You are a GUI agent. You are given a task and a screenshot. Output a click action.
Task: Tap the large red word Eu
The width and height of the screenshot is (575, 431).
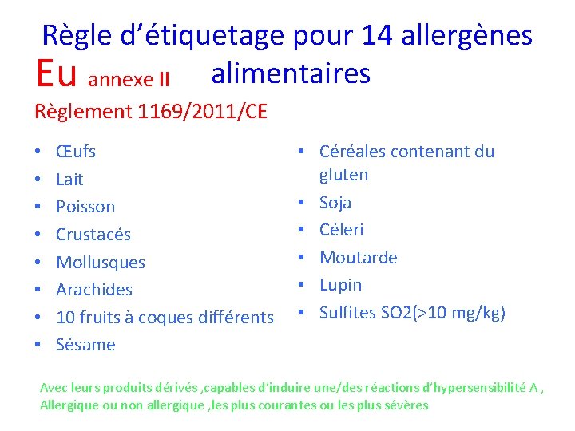coord(56,73)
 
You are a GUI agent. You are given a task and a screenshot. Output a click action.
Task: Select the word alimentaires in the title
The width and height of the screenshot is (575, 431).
coord(291,73)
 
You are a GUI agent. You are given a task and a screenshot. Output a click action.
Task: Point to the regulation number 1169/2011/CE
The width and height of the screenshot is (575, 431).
coord(202,111)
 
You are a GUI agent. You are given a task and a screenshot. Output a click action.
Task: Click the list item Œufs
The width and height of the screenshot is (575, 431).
coord(76,151)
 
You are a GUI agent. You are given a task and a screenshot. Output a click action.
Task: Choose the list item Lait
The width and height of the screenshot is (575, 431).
coord(69,179)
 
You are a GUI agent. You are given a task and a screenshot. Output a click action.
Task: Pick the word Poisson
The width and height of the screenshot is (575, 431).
coord(85,207)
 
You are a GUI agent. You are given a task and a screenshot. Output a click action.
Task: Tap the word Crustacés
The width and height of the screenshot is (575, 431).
coord(93,235)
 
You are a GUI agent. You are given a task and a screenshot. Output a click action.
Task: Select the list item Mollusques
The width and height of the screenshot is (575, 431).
coord(101,262)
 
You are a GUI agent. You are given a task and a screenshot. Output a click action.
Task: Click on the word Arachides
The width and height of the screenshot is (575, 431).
coord(94,290)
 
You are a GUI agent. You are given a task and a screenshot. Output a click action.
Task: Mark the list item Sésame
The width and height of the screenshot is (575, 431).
coord(85,345)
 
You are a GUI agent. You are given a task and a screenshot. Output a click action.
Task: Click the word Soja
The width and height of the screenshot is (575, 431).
coord(335,203)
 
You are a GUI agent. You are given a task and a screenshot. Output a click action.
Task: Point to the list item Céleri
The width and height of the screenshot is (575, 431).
coord(341,230)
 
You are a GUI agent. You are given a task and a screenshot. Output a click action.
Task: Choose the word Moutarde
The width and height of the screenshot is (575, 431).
coord(358,258)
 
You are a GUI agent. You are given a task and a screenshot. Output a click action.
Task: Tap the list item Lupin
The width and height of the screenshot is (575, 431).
coord(340,285)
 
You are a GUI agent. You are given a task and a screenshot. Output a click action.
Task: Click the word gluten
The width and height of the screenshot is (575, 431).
coord(343,175)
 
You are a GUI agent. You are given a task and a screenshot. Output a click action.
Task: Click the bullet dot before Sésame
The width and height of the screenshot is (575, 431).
coord(38,345)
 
